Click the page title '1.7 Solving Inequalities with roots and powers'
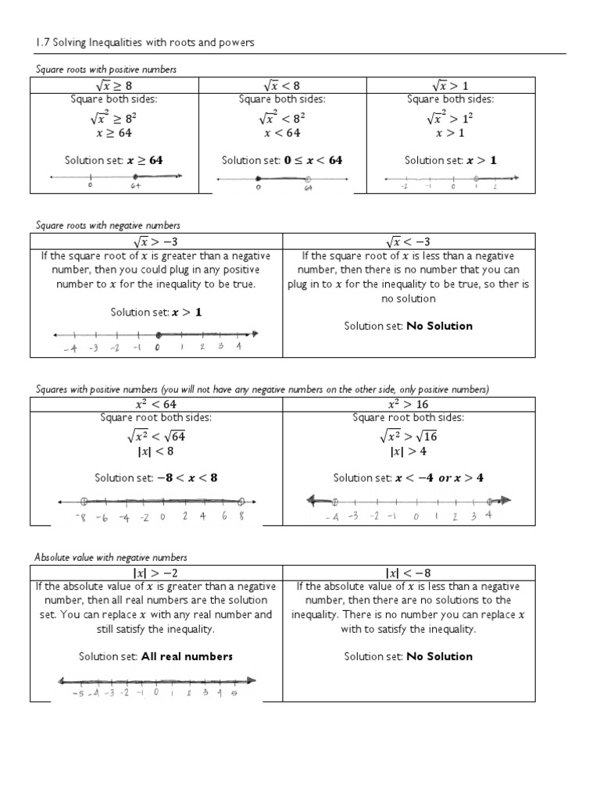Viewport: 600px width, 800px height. (145, 42)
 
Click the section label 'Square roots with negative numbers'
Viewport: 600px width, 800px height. (108, 225)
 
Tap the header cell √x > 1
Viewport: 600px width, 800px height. (451, 85)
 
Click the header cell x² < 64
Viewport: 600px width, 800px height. (156, 404)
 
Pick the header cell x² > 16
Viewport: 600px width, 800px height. (409, 404)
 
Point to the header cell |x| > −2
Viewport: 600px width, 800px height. (156, 573)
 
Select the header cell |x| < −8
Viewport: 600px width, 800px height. (409, 573)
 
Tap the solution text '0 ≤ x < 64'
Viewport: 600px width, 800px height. (312, 160)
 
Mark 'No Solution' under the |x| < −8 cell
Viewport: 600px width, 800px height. (439, 656)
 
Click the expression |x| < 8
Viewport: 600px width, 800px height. (156, 452)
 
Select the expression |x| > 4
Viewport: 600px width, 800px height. (409, 452)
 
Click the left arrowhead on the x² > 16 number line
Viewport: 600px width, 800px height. (312, 501)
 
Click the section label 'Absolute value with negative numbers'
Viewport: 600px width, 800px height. (110, 557)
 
